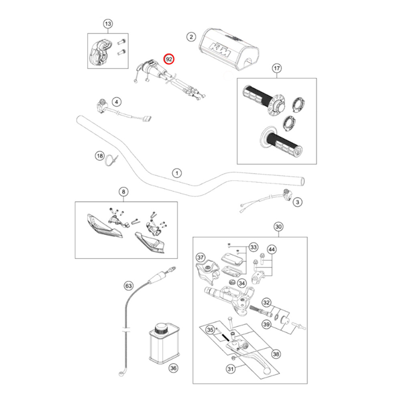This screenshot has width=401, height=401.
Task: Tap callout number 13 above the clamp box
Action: [x=108, y=24]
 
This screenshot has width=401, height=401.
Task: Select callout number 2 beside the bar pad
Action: [x=191, y=37]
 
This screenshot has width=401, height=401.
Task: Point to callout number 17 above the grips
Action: [x=276, y=68]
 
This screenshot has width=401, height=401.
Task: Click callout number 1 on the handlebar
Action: [x=176, y=173]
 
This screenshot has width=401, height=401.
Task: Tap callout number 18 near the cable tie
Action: [x=99, y=156]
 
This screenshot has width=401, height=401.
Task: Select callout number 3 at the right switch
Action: [x=297, y=203]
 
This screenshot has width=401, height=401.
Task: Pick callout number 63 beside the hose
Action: [x=128, y=286]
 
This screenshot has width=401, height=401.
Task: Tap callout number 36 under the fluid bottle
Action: [x=173, y=368]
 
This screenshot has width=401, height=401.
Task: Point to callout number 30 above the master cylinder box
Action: [x=279, y=227]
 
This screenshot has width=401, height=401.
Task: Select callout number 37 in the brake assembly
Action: [x=200, y=257]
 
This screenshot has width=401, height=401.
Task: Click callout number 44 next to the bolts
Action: [x=272, y=250]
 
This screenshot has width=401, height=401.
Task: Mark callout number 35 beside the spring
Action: [x=210, y=330]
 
